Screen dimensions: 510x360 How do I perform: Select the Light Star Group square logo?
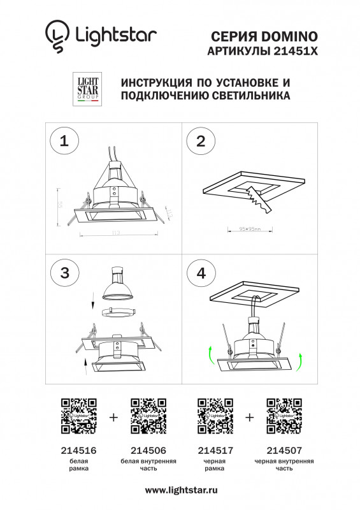[87, 91]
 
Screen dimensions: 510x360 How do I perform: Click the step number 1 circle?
[64, 142]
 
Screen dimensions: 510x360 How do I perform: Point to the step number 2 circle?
[201, 142]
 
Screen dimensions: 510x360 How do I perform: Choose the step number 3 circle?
[64, 273]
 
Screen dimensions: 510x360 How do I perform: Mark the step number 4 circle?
[201, 273]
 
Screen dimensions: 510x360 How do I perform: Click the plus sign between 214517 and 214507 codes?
[249, 418]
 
